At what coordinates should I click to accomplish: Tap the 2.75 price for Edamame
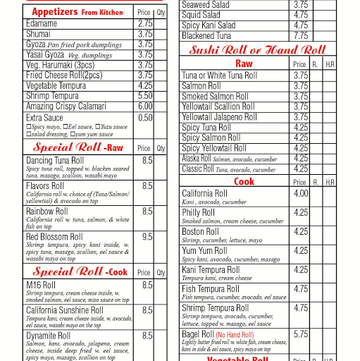pyautogui.click(x=145, y=23)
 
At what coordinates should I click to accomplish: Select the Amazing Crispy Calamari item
pyautogui.click(x=66, y=106)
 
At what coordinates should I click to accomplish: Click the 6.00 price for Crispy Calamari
pyautogui.click(x=145, y=106)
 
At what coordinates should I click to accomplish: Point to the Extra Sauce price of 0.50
pyautogui.click(x=145, y=118)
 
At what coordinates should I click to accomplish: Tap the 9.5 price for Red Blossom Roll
pyautogui.click(x=147, y=237)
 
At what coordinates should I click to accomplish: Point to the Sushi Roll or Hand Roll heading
pyautogui.click(x=257, y=50)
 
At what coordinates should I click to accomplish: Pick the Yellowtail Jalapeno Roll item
pyautogui.click(x=219, y=117)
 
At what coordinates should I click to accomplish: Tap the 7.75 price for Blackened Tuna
pyautogui.click(x=300, y=35)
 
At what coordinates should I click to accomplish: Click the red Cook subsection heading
pyautogui.click(x=244, y=182)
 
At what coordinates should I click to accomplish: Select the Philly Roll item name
pyautogui.click(x=199, y=212)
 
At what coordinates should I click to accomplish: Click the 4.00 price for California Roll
pyautogui.click(x=300, y=193)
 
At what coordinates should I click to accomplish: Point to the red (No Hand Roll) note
pyautogui.click(x=240, y=334)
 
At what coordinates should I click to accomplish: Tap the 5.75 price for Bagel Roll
pyautogui.click(x=300, y=334)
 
